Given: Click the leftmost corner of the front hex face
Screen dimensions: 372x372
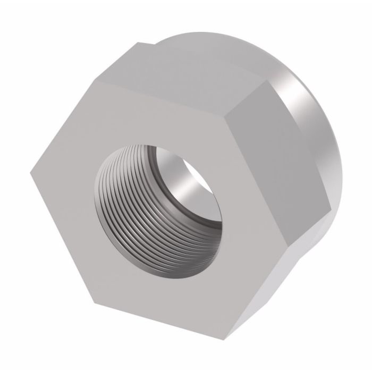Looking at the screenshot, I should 30,170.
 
